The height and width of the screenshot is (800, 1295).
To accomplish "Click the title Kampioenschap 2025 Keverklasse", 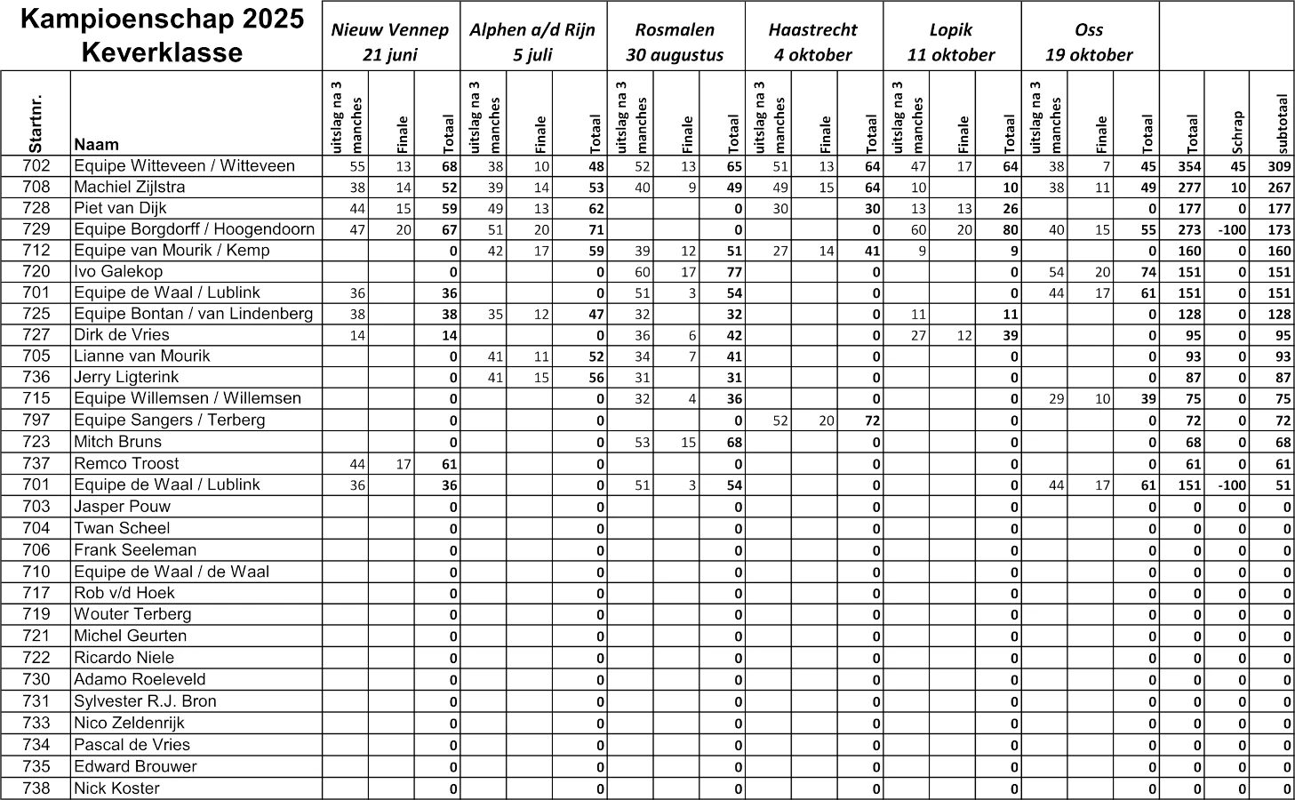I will pos(161,36).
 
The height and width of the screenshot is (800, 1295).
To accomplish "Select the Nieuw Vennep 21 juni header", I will pos(390,42).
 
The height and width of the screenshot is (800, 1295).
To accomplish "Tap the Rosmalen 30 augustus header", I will pos(675,42).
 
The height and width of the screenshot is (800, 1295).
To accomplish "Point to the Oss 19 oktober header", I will pos(1089,42).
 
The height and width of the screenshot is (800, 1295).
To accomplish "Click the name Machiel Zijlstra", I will pos(130,187).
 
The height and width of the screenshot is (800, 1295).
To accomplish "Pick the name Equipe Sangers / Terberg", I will pos(169,420).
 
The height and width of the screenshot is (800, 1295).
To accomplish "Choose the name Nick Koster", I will pos(116,788).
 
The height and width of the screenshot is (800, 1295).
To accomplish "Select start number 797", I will pos(36,420).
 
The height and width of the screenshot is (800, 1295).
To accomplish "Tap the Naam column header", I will pos(97,144).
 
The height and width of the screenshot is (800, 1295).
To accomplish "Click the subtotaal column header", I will pos(1281,124).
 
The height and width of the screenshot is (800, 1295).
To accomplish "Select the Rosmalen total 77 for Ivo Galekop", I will pos(733,272).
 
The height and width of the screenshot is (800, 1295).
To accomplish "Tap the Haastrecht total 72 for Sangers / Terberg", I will pos(872,420).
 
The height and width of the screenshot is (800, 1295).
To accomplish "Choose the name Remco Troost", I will pos(126,463).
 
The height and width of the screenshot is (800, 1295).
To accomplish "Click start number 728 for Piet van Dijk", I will pos(36,208).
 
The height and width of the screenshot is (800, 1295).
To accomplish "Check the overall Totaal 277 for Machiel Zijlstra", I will pos(1189,188).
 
